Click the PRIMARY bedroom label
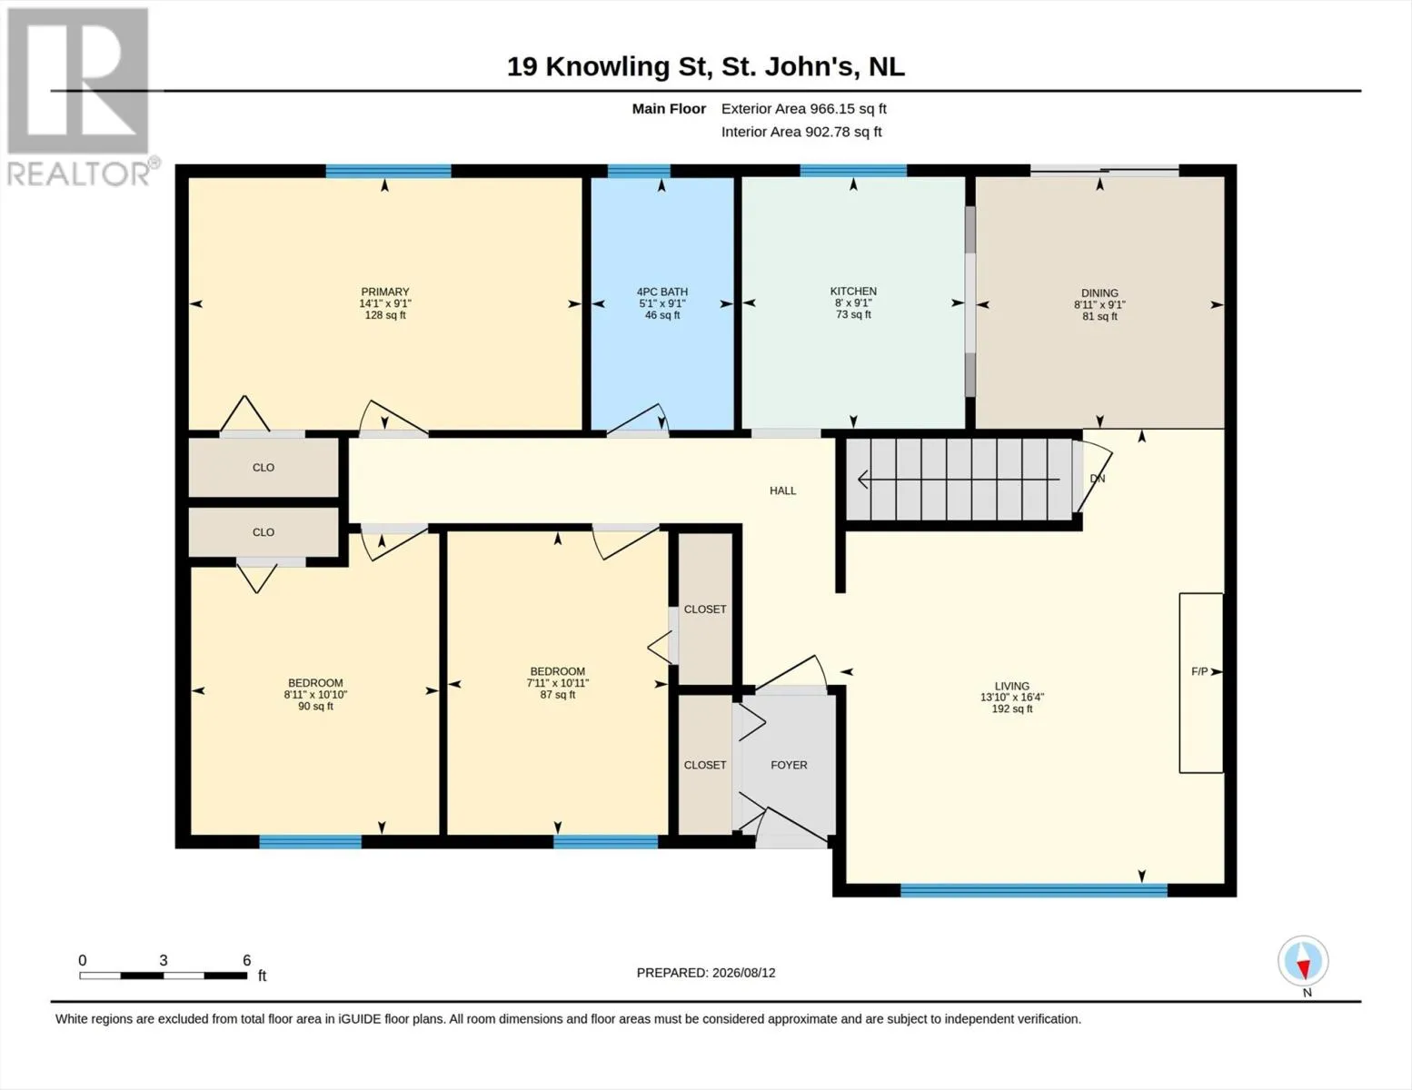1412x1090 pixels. point(384,292)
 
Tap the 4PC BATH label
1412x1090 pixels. point(661,292)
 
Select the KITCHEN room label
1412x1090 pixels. point(853,292)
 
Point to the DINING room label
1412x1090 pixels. point(1099,293)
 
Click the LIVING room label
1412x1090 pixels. point(1011,686)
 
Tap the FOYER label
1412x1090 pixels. point(789,765)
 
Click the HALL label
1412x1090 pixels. point(782,491)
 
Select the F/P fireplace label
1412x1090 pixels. point(1199,671)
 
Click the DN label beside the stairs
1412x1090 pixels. point(1098,479)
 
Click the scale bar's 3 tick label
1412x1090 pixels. point(164,960)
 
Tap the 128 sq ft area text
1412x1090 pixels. point(384,315)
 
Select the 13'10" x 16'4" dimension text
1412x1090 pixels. point(1011,698)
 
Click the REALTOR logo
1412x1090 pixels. point(81,97)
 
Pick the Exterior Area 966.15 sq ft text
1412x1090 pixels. point(804,109)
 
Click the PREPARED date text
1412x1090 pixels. point(706,973)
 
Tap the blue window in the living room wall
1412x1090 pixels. point(1033,890)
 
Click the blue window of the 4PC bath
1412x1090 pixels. point(639,171)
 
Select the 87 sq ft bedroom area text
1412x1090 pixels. point(558,694)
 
